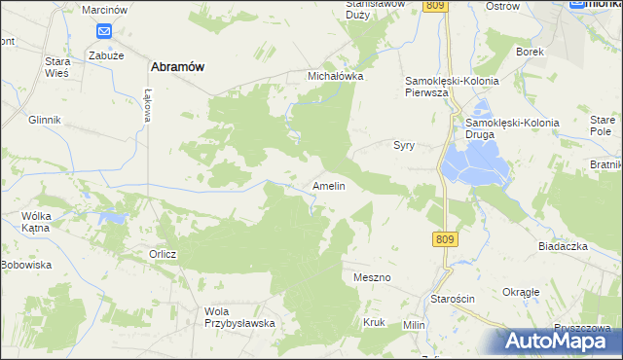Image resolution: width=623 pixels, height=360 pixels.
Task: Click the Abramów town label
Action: click(176, 67)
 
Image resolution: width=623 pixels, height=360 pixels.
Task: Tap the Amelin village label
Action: click(328, 185)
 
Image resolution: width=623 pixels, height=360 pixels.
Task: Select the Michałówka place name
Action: click(335, 75)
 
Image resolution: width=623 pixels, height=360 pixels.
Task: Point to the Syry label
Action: click(404, 145)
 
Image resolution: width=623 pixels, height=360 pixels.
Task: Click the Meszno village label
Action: click(372, 278)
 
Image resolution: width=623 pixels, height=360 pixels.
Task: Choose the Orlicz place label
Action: click(163, 255)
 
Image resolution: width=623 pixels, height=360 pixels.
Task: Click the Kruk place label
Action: click(374, 322)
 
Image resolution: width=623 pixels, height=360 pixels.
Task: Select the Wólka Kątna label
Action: click(41, 220)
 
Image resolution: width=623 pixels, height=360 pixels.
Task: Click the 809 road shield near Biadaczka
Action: click(445, 238)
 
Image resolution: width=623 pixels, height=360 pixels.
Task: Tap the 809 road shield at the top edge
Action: click(435, 6)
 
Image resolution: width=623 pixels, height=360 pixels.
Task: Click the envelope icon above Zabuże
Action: click(104, 31)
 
